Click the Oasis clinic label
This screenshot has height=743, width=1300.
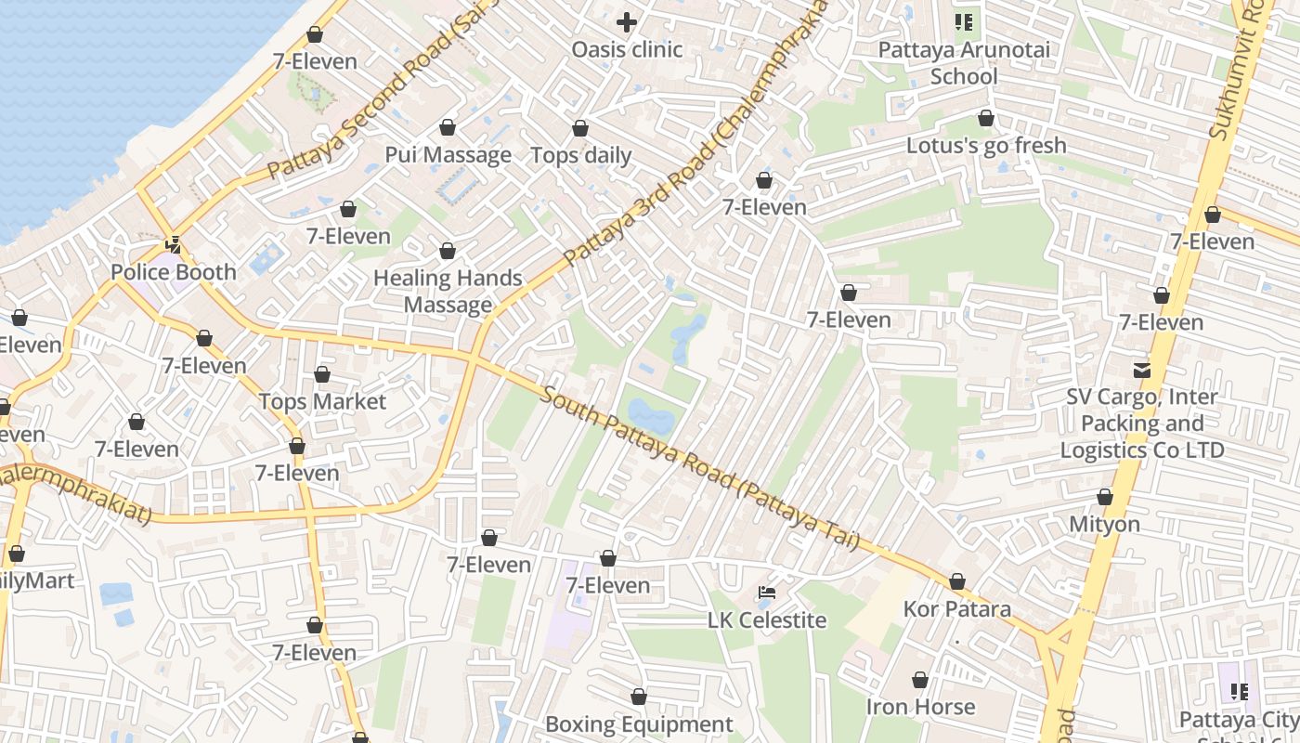click(x=627, y=49)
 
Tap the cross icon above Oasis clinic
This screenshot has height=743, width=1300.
click(x=627, y=21)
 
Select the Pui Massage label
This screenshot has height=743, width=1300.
click(x=448, y=155)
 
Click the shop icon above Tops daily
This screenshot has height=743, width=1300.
click(x=580, y=128)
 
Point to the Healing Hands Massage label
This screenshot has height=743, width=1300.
click(x=448, y=291)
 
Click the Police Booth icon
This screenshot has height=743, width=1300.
click(x=173, y=245)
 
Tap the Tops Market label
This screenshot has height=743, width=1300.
click(x=321, y=401)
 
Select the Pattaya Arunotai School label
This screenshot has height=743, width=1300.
click(x=964, y=62)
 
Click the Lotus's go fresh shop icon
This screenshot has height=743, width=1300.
click(x=985, y=118)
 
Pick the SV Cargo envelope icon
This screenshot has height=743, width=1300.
click(x=1141, y=370)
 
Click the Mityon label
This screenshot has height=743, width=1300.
click(x=1104, y=524)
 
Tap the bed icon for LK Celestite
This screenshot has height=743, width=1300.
click(x=766, y=593)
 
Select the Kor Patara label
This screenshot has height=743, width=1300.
click(x=956, y=609)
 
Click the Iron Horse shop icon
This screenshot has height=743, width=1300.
click(x=919, y=680)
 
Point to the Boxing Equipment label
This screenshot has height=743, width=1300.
click(x=638, y=723)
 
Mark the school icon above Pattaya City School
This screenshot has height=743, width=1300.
click(x=1239, y=691)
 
